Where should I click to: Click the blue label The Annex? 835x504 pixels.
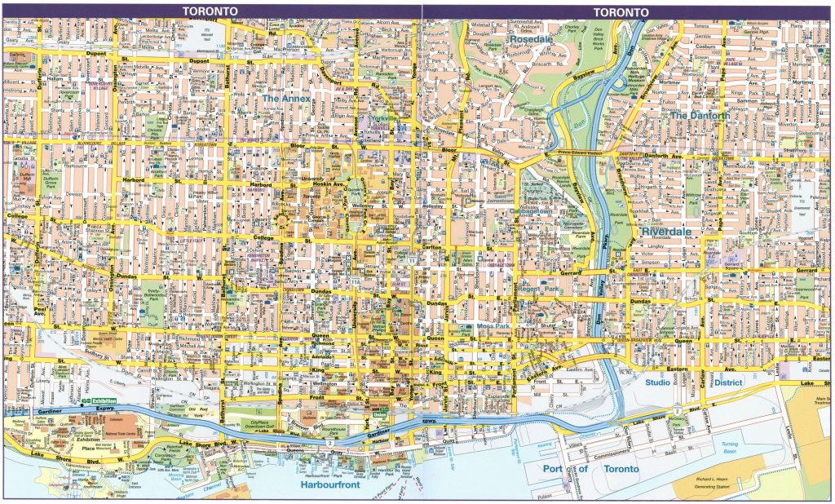[x=286, y=98]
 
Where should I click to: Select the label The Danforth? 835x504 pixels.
[x=700, y=116]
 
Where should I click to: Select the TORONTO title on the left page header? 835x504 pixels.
[x=210, y=11]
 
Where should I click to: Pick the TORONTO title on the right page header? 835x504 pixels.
[x=621, y=11]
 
